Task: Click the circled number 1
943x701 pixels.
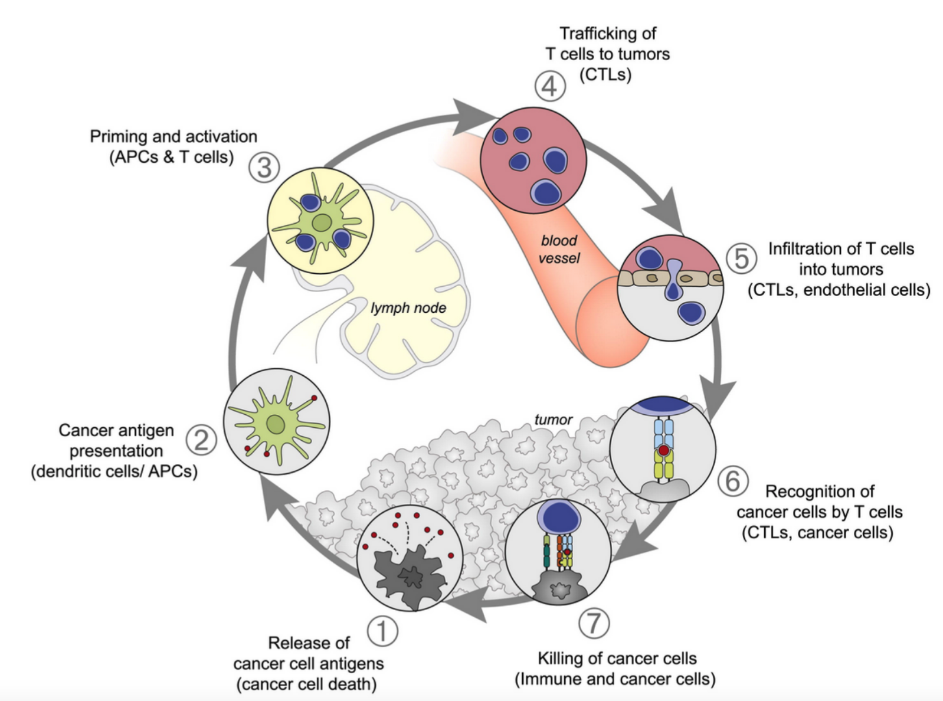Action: (x=382, y=631)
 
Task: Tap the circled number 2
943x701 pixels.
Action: (x=201, y=440)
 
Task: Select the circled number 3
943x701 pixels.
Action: (x=264, y=167)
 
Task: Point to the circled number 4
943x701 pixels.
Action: (x=550, y=86)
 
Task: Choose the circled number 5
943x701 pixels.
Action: (x=741, y=258)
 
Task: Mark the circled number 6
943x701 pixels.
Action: (x=733, y=481)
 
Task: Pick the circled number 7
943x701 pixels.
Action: (x=594, y=623)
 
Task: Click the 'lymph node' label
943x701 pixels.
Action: (x=408, y=308)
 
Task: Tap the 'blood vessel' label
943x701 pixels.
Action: (x=559, y=249)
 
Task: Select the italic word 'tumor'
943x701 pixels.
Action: (x=553, y=420)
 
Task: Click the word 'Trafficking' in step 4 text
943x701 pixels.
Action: (x=608, y=33)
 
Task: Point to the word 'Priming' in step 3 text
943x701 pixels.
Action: (x=118, y=137)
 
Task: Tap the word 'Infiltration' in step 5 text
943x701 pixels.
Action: (x=808, y=248)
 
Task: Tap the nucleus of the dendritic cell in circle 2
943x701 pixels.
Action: (x=276, y=424)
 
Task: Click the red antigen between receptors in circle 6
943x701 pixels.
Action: (x=663, y=450)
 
